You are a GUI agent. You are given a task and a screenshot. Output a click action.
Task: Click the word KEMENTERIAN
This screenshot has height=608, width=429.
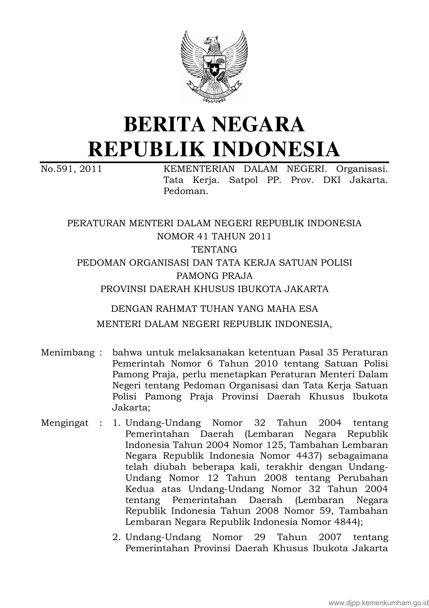199,169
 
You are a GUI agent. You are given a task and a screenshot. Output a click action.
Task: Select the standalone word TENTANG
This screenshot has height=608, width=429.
214,249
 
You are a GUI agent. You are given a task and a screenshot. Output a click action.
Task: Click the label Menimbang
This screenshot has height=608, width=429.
67,353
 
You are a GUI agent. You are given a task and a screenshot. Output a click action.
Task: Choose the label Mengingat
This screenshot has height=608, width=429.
64,423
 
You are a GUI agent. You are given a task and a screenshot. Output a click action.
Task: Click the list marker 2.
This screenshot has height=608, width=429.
116,537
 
